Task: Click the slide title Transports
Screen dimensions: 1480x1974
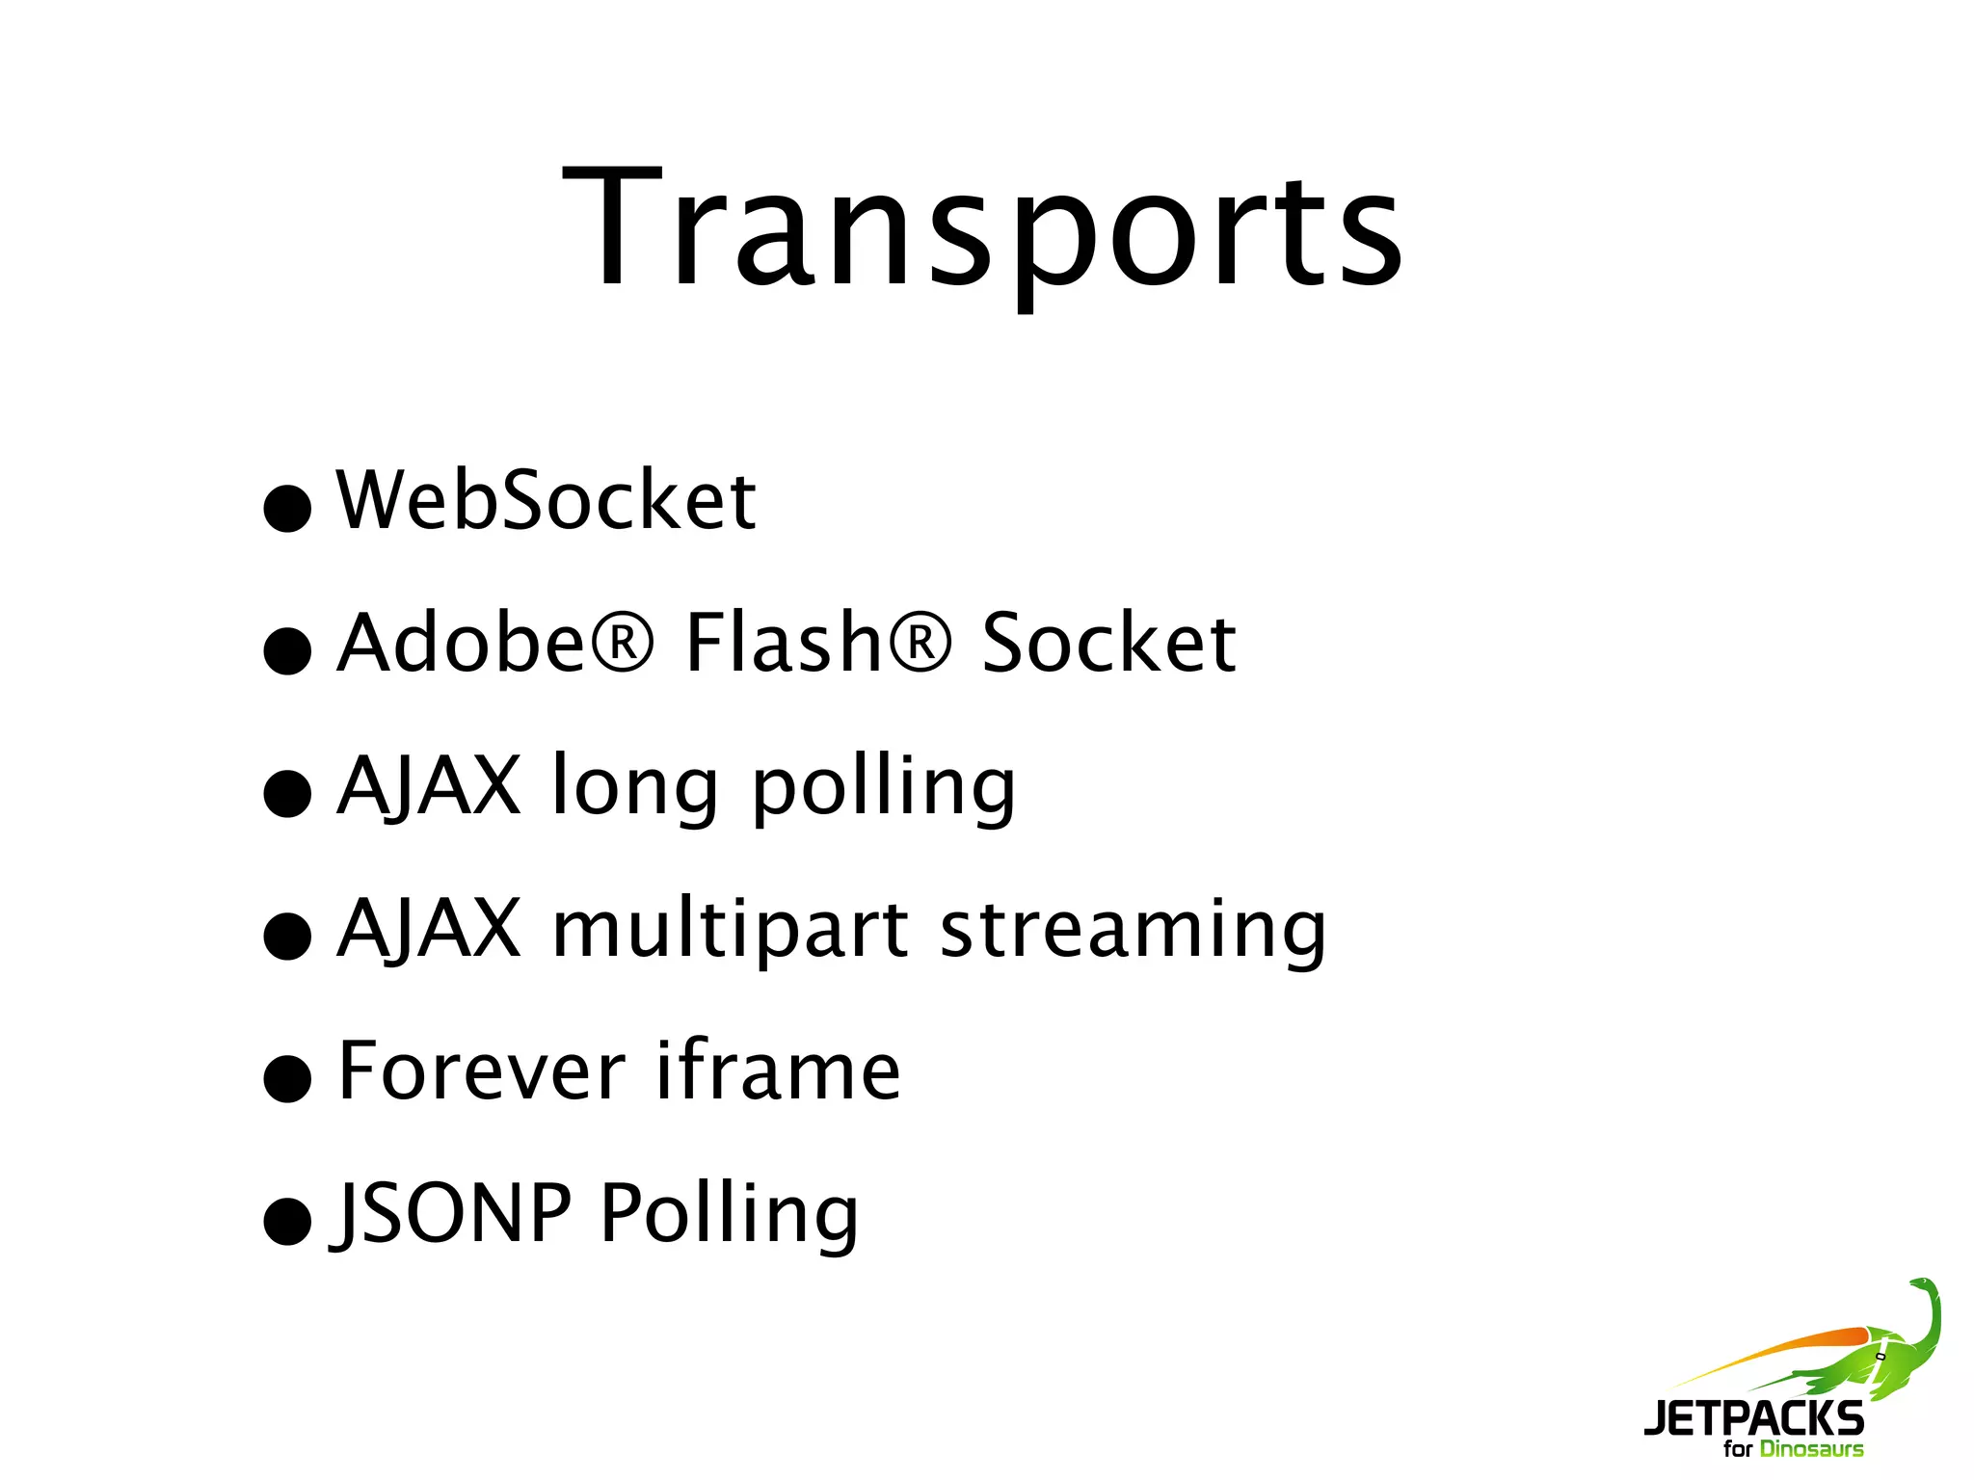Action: click(982, 229)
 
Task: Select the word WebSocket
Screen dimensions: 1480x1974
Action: click(546, 500)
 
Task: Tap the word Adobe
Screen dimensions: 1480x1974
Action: click(460, 643)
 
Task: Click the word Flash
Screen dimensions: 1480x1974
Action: click(783, 643)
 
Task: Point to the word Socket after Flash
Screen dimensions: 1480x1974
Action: click(1108, 643)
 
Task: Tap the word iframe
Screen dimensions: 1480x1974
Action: click(779, 1070)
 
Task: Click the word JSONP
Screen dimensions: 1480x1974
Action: click(451, 1213)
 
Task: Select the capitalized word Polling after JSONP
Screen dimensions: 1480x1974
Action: click(729, 1215)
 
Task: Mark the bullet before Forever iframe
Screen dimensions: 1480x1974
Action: click(287, 1077)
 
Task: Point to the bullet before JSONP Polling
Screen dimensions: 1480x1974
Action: click(287, 1221)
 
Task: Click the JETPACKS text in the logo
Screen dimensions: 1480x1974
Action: click(1753, 1417)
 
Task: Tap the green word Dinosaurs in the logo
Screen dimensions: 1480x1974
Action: click(1811, 1449)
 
